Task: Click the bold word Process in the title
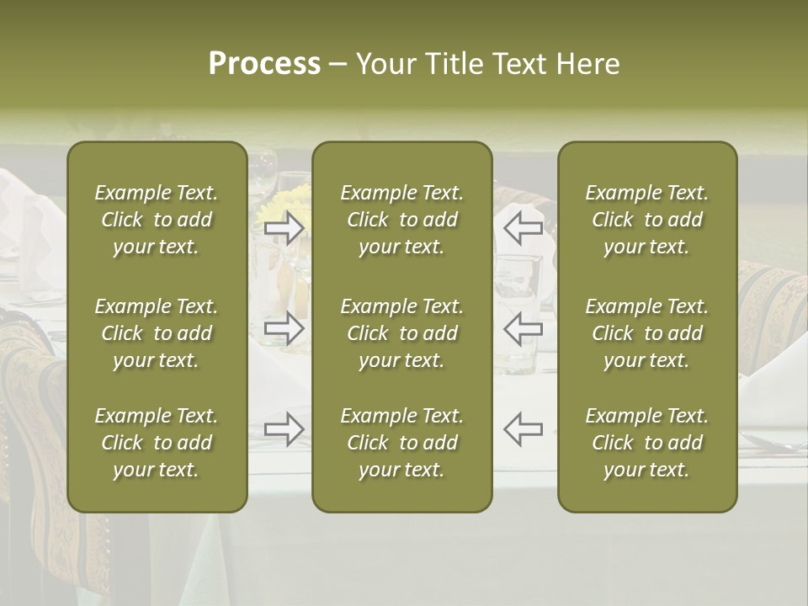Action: (x=264, y=64)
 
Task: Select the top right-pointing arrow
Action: (x=284, y=227)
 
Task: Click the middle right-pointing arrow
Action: (x=284, y=327)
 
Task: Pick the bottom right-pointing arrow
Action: (x=284, y=428)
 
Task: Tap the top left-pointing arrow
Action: (x=524, y=227)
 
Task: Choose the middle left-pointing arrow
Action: (x=524, y=327)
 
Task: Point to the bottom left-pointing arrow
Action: (x=524, y=428)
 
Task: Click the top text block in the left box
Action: (x=157, y=220)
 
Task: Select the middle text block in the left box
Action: (x=157, y=333)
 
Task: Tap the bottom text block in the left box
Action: (x=157, y=443)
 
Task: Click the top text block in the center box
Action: (x=402, y=220)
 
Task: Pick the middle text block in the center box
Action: (x=402, y=333)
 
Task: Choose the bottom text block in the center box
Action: (x=402, y=443)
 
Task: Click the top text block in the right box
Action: (x=647, y=220)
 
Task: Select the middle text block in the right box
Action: (x=647, y=333)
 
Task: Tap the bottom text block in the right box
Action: (x=647, y=443)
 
